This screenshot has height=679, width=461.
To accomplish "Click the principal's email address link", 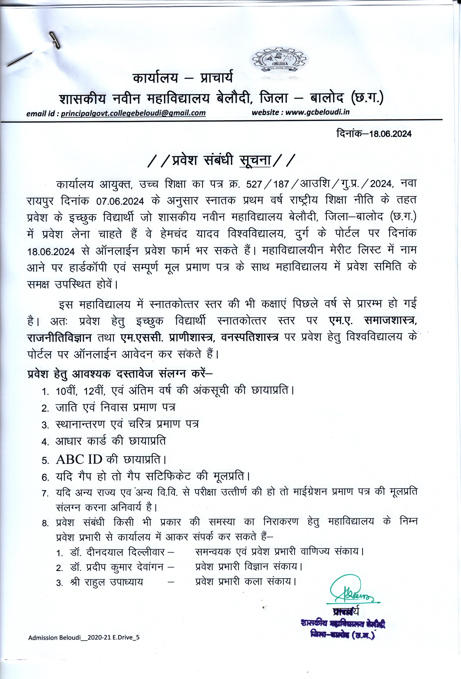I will [x=133, y=113].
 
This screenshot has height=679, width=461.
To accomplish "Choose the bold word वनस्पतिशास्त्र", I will [x=250, y=337].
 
